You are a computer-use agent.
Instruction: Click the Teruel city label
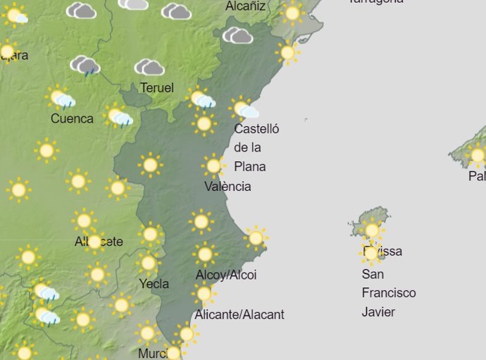(157, 88)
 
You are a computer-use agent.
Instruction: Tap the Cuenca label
(72, 118)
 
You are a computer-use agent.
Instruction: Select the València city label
(228, 187)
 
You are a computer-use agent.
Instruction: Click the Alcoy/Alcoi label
(226, 275)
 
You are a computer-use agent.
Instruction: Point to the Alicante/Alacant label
(240, 314)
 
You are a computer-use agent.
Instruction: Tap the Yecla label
(154, 284)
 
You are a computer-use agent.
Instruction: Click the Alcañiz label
(246, 6)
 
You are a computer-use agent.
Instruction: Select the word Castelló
(256, 129)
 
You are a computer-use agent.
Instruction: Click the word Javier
(378, 312)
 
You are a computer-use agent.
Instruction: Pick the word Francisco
(389, 293)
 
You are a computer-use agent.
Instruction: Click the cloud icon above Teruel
(149, 68)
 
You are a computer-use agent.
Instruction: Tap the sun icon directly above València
(213, 166)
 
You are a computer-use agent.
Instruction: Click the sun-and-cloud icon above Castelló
(244, 109)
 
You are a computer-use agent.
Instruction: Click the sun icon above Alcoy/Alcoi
(205, 254)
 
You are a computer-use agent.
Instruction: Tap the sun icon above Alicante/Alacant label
(204, 293)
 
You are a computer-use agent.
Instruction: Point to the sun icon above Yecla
(148, 263)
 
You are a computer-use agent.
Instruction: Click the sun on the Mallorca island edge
(478, 154)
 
